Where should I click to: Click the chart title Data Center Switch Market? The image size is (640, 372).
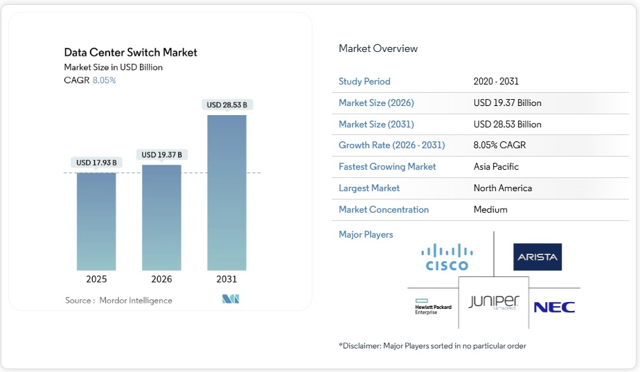point(130,53)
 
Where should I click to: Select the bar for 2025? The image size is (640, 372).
point(96,221)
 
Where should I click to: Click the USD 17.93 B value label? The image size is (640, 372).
point(96,163)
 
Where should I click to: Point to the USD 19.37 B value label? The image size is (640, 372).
point(161,154)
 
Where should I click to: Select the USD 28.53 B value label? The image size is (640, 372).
point(226,105)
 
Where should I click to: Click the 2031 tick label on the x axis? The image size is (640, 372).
point(226,279)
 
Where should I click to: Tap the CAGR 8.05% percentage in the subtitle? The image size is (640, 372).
point(104,80)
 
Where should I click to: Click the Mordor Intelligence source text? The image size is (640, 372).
point(135,301)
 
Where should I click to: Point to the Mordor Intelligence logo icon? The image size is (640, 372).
point(231,299)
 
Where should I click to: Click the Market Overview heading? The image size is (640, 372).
point(378,48)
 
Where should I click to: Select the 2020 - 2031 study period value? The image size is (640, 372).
point(497,82)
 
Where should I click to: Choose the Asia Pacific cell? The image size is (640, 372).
point(496,167)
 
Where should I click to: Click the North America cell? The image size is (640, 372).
point(501,188)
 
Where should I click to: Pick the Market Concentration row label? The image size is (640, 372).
point(384,210)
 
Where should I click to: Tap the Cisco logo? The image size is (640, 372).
point(447,257)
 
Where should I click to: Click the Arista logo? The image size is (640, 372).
point(537,257)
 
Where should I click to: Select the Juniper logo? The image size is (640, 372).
point(494,302)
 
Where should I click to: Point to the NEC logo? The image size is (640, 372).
point(554,307)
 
